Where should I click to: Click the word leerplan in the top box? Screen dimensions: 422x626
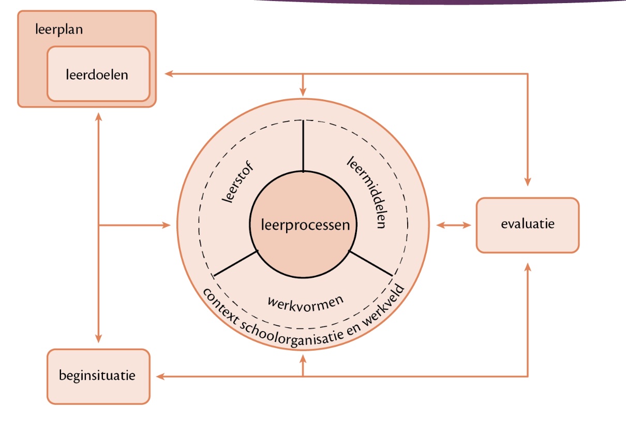click(59, 29)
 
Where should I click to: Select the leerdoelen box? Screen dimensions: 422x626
click(98, 74)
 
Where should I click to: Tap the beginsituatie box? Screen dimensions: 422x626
click(98, 375)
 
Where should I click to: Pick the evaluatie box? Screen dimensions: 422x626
click(527, 224)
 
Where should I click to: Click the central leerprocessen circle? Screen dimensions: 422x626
click(303, 225)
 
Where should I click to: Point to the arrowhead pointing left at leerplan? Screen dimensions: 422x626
click(169, 74)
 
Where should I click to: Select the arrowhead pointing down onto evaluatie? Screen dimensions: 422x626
click(527, 182)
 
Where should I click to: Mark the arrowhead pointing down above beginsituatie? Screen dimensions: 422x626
click(98, 338)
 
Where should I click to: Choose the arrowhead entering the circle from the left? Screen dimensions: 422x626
click(166, 225)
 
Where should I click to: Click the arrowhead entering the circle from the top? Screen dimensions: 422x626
click(303, 93)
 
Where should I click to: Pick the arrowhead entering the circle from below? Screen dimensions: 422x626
click(303, 357)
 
